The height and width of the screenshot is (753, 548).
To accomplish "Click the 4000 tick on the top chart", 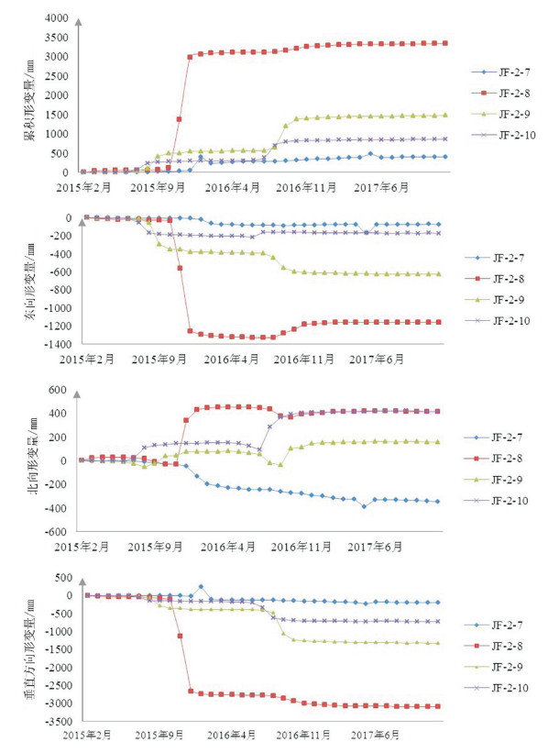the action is pyautogui.click(x=57, y=18).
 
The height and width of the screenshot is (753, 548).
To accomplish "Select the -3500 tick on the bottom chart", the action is pyautogui.click(x=59, y=721).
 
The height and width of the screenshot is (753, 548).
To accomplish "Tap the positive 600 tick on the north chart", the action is pyautogui.click(x=57, y=390).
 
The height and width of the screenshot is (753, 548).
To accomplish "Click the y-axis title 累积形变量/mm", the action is pyautogui.click(x=29, y=100).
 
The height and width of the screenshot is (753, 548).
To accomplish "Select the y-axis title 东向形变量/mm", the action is pyautogui.click(x=29, y=282).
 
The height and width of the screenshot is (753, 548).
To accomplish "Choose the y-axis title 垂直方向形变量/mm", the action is pyautogui.click(x=29, y=649).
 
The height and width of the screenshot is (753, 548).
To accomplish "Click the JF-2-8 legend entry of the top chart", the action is pyautogui.click(x=500, y=94).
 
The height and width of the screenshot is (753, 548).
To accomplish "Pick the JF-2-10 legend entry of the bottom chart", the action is pyautogui.click(x=496, y=688).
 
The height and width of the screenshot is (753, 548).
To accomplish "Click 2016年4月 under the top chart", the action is pyautogui.click(x=232, y=188).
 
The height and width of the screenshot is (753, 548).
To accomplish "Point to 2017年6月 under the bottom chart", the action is pyautogui.click(x=375, y=735).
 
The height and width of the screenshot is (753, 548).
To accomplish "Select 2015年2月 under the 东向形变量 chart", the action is pyautogui.click(x=87, y=360).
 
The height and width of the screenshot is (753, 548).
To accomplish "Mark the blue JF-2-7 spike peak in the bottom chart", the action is pyautogui.click(x=201, y=586).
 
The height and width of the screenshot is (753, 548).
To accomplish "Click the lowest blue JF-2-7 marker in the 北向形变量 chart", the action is pyautogui.click(x=364, y=506).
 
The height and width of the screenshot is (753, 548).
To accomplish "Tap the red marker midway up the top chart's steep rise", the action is pyautogui.click(x=179, y=118).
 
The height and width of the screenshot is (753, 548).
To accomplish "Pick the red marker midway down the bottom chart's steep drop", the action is pyautogui.click(x=180, y=636).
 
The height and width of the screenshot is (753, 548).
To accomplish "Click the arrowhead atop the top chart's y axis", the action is pyautogui.click(x=78, y=22).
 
